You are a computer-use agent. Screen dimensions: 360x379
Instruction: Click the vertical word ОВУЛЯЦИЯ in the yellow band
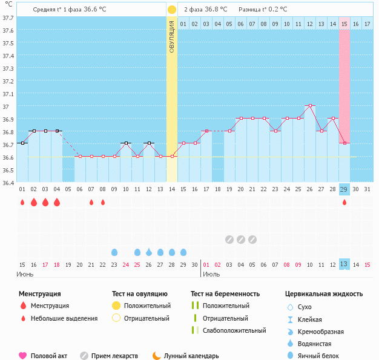[x=172, y=36]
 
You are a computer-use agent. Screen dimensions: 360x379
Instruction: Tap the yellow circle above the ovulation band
[x=172, y=10]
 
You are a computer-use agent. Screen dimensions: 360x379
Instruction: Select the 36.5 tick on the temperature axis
[x=8, y=170]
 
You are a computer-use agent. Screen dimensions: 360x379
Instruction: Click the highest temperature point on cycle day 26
[x=310, y=105]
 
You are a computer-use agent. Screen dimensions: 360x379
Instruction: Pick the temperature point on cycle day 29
[x=344, y=143]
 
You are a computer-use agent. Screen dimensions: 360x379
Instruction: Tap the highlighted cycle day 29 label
[x=344, y=189]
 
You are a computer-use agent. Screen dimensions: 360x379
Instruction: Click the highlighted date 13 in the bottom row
[x=344, y=264]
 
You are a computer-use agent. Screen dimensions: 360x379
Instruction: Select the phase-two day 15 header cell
[x=344, y=24]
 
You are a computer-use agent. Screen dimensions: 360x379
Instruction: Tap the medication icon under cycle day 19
[x=229, y=239]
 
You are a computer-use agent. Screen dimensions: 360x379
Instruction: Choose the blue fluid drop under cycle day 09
[x=114, y=252]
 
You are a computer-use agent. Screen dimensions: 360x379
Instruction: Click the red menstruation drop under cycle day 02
[x=34, y=202]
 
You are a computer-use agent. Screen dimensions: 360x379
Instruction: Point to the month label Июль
[x=211, y=274]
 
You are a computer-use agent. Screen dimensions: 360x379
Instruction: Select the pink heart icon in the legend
[x=23, y=356]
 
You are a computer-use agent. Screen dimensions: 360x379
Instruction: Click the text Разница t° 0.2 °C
[x=263, y=10]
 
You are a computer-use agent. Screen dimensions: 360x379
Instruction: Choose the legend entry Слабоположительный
[x=234, y=330]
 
